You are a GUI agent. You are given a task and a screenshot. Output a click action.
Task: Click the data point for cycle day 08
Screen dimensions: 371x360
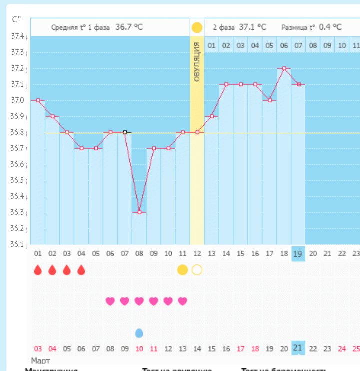pos(139,212)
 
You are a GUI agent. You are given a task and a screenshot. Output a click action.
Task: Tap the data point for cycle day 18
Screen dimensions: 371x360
pos(284,68)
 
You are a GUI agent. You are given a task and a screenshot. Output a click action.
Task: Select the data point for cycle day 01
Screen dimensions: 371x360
pos(38,100)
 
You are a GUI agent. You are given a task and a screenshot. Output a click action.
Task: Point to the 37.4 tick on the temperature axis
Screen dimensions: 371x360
pos(18,36)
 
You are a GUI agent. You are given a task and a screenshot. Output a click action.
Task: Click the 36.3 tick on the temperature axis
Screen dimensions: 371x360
pos(18,212)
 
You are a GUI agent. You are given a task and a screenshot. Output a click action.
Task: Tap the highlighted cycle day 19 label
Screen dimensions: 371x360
pos(298,254)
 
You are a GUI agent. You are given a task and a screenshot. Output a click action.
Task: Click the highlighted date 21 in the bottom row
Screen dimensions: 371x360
pos(298,348)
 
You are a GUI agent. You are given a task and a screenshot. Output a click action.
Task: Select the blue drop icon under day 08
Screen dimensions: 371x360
pos(139,333)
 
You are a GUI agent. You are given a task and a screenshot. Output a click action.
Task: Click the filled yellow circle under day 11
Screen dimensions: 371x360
pos(182,270)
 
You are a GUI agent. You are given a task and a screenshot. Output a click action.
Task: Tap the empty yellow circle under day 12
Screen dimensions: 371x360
pos(197,270)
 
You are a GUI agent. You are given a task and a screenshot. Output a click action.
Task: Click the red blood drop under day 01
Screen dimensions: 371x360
pos(38,270)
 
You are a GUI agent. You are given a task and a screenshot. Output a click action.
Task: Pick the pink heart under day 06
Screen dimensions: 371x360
pos(110,301)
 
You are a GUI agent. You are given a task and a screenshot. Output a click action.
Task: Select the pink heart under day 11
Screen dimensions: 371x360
pos(182,301)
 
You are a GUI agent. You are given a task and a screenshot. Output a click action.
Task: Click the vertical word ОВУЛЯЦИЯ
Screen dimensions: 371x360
pos(197,62)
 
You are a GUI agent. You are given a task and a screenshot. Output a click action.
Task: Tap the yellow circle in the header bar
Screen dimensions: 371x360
pos(197,27)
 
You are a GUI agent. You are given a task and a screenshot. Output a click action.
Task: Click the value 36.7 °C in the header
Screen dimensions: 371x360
pos(129,27)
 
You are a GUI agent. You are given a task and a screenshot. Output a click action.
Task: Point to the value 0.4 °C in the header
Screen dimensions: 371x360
pos(330,27)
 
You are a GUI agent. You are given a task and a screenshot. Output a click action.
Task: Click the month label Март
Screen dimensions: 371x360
pos(41,360)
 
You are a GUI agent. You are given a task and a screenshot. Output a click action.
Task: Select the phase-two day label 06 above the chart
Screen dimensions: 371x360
pos(284,46)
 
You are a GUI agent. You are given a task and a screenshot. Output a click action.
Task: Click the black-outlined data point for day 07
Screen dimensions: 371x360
pos(125,132)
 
